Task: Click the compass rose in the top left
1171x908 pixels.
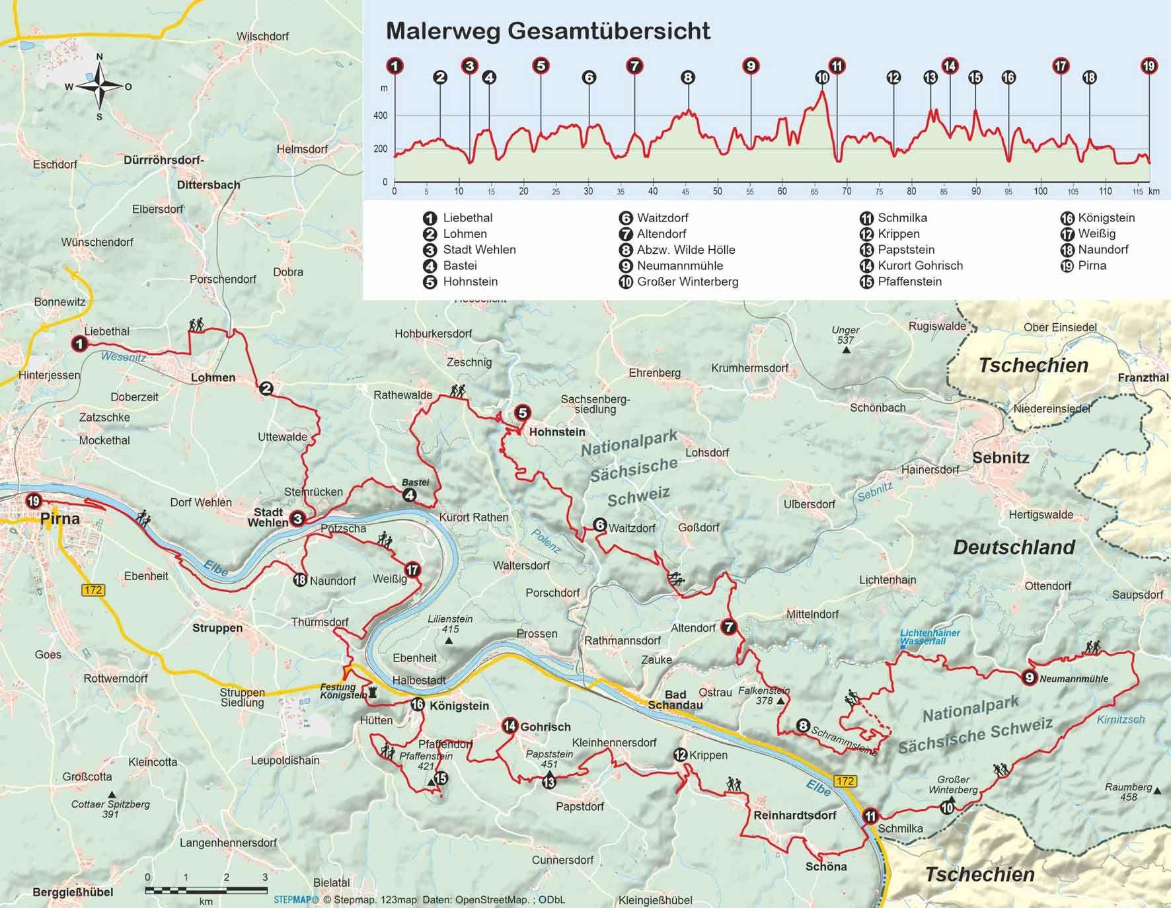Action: pyautogui.click(x=99, y=87)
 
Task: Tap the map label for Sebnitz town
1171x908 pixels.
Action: pyautogui.click(x=1001, y=457)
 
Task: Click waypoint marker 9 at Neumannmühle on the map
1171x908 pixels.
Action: pyautogui.click(x=1028, y=677)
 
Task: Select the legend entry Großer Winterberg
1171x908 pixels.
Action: pyautogui.click(x=687, y=282)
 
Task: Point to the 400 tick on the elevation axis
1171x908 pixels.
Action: pyautogui.click(x=381, y=116)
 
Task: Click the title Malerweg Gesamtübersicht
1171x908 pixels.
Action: pyautogui.click(x=548, y=31)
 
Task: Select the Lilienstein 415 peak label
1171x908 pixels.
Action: pyautogui.click(x=449, y=624)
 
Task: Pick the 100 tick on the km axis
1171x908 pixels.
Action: pyautogui.click(x=1041, y=192)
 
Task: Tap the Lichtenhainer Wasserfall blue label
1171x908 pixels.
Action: pyautogui.click(x=930, y=637)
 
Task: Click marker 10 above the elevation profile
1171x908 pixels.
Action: pyautogui.click(x=822, y=77)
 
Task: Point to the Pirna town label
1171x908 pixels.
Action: pyautogui.click(x=60, y=518)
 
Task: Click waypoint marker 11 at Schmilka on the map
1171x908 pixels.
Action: pyautogui.click(x=871, y=816)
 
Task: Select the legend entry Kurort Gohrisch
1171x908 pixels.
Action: pyautogui.click(x=920, y=266)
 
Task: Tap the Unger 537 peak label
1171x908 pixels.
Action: pyautogui.click(x=845, y=335)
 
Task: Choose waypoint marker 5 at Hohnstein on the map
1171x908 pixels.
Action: pyautogui.click(x=522, y=414)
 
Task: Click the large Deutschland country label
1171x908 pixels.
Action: pyautogui.click(x=1014, y=547)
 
